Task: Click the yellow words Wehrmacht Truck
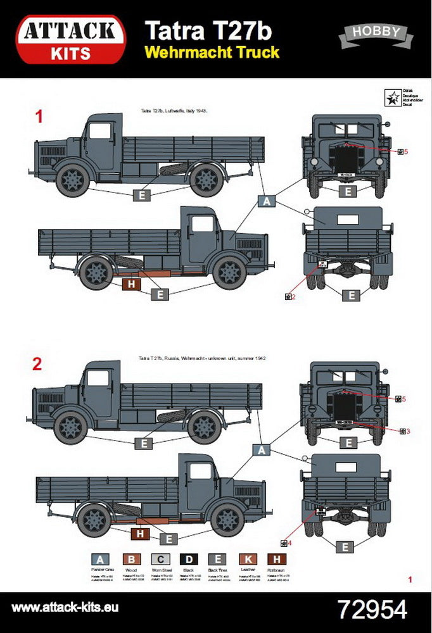(x=212, y=52)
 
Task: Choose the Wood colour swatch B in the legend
(x=130, y=559)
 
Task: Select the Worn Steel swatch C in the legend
(x=161, y=559)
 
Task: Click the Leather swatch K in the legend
(x=248, y=559)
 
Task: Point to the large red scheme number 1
(x=39, y=116)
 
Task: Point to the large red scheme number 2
(x=38, y=364)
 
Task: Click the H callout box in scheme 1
(x=131, y=284)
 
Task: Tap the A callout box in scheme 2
(x=262, y=449)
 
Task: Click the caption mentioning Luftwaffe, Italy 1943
(x=174, y=111)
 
